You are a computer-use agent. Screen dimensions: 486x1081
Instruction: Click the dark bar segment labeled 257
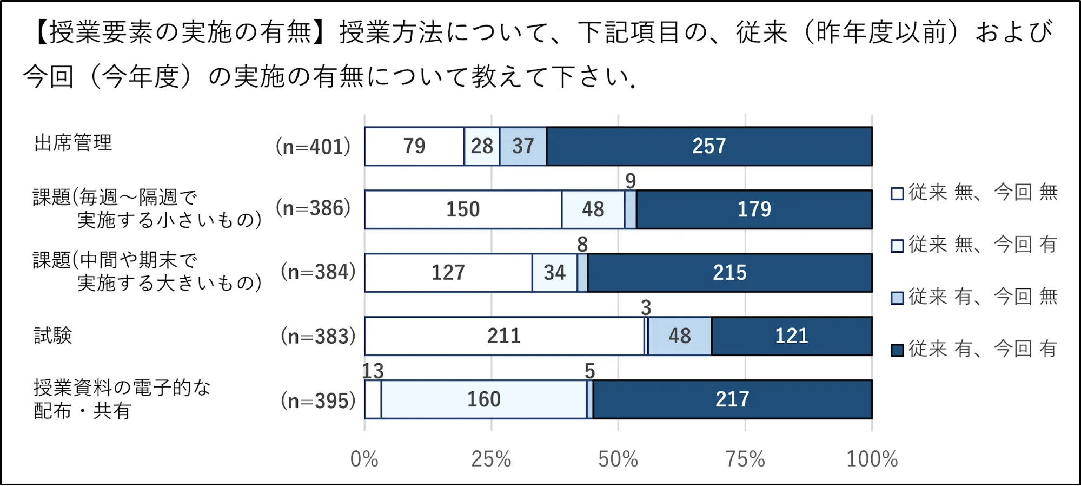pos(709,146)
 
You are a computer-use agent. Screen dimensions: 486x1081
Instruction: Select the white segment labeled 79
pos(414,146)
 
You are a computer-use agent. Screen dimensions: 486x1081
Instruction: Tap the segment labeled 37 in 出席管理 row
pos(523,146)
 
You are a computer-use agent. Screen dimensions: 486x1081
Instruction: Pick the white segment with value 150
pos(463,209)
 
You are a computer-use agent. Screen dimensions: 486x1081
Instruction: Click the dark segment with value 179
pos(754,209)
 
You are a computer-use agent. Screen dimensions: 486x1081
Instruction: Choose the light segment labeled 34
pos(554,273)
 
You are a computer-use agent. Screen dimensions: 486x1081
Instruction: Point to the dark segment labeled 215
pos(729,273)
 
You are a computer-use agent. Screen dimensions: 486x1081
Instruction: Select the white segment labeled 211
pos(504,336)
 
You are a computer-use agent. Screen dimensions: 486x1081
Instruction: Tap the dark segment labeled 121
pos(792,336)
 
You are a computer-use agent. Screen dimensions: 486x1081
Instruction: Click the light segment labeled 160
pos(483,399)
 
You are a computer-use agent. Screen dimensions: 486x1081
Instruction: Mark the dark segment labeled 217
pos(732,399)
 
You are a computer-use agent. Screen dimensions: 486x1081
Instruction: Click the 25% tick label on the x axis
pos(491,459)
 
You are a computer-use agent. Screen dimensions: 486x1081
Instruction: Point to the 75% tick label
pos(745,459)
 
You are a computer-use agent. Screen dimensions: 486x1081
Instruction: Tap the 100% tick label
pos(872,459)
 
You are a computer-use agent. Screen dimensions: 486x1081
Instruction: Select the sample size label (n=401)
pos(313,147)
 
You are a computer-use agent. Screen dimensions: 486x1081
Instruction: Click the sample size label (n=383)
pos(318,337)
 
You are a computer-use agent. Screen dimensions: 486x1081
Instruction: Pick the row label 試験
pos(52,336)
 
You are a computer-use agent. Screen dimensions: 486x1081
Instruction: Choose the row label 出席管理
pos(73,143)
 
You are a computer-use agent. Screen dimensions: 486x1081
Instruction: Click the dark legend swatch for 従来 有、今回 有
pos(897,350)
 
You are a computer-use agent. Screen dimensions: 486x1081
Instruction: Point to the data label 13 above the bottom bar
pos(373,371)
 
